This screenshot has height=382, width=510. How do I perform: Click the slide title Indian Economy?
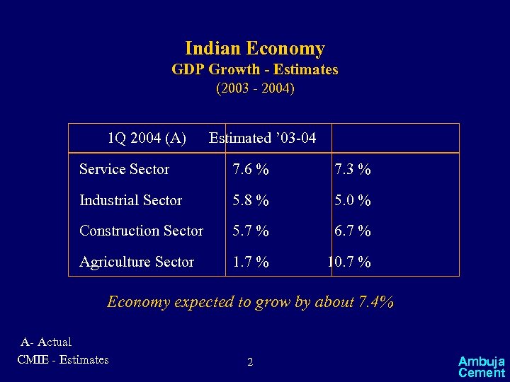(254, 49)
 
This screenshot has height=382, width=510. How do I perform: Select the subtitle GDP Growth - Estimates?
(255, 70)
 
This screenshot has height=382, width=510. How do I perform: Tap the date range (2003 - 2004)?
(255, 89)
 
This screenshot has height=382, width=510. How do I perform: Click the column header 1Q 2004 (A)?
(147, 138)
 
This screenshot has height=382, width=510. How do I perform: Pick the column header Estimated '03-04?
(262, 138)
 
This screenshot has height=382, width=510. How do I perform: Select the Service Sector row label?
(124, 169)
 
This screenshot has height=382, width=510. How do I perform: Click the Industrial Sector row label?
(130, 200)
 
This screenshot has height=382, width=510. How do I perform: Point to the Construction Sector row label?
(141, 231)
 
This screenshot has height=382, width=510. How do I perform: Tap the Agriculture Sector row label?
(137, 262)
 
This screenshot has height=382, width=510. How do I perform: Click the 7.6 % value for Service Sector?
(251, 170)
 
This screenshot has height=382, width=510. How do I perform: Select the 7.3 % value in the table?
(353, 170)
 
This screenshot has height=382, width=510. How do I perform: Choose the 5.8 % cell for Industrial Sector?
(251, 201)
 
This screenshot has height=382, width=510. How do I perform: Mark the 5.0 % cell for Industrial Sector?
(353, 201)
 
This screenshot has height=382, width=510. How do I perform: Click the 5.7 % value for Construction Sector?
(251, 231)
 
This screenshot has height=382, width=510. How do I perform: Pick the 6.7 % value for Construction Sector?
(353, 231)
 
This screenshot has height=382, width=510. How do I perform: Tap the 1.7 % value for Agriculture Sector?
(251, 262)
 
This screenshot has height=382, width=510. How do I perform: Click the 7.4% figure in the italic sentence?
(376, 302)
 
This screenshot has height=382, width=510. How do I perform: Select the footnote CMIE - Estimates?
(63, 359)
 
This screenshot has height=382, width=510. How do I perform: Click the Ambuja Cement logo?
(481, 366)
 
